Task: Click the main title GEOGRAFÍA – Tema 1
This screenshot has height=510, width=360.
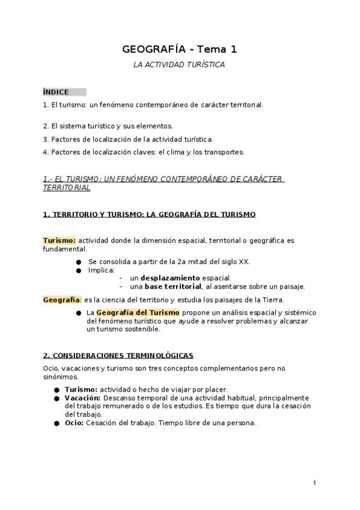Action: coord(178,49)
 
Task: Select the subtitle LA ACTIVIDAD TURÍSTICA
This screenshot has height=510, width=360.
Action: coord(178,64)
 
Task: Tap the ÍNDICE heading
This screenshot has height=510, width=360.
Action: coord(56,92)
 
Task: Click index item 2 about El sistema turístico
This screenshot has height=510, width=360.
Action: coord(108,126)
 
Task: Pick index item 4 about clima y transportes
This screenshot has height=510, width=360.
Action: coord(144,152)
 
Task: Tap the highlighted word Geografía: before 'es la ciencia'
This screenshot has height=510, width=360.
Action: coord(62,300)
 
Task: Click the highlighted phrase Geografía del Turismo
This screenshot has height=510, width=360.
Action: coord(138,313)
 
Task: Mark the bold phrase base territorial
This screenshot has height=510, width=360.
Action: coord(173,286)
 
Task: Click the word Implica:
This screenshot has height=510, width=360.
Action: coord(101,270)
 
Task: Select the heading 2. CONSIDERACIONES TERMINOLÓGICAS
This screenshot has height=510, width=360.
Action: coord(118,355)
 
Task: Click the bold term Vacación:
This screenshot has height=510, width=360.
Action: coord(83,398)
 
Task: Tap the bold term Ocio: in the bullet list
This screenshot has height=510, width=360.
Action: coord(74,422)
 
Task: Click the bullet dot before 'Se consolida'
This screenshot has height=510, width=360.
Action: coord(79,262)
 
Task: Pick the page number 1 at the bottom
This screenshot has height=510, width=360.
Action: coord(314,483)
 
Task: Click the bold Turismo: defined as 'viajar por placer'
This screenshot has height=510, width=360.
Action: coord(81,389)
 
